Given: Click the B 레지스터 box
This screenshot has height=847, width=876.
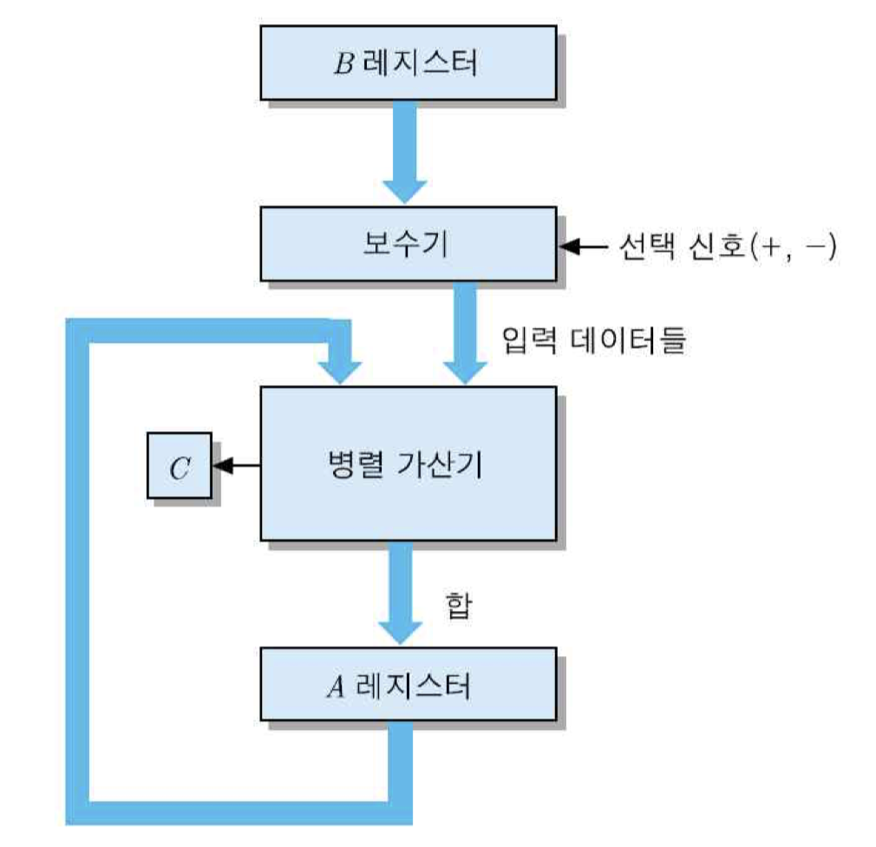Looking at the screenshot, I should [x=407, y=63].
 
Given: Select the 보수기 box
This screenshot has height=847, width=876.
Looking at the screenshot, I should [x=407, y=244].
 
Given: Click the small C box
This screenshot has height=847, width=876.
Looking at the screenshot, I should [x=180, y=467].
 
